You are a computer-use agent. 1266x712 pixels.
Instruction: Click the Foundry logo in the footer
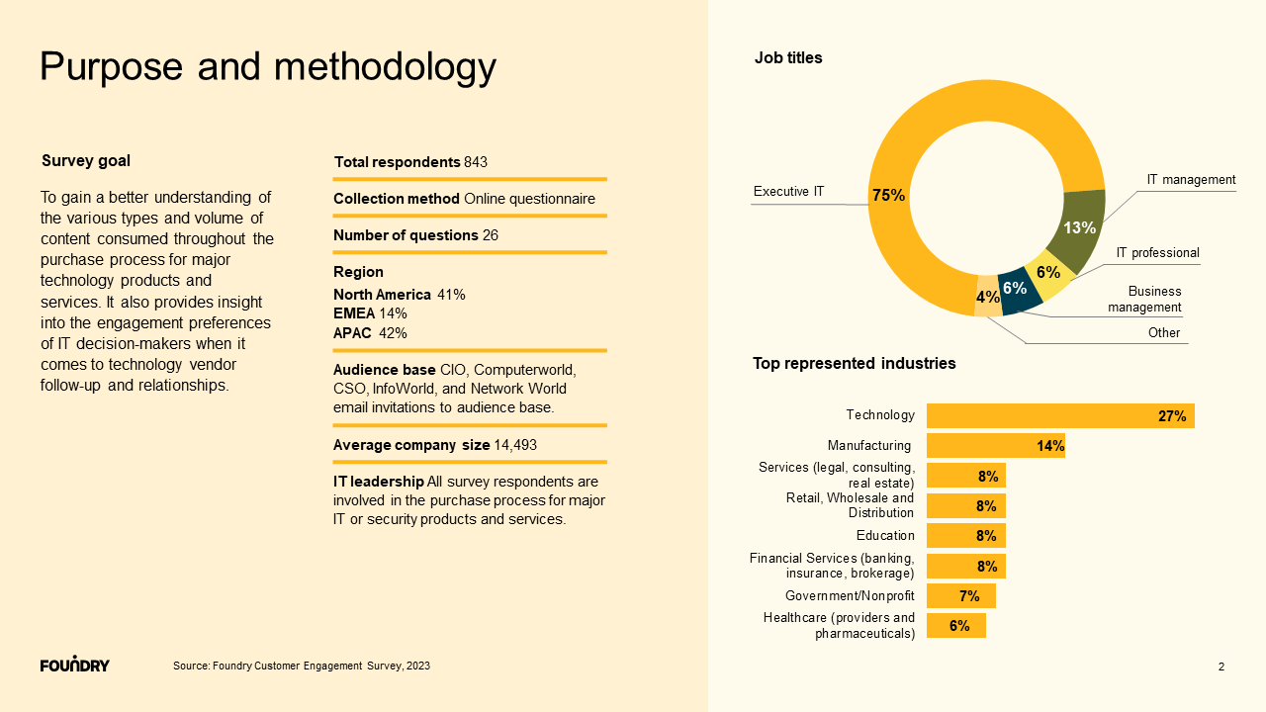75,665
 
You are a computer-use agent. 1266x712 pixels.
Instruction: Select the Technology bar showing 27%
1059,416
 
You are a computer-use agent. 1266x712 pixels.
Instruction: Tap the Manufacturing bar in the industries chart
995,446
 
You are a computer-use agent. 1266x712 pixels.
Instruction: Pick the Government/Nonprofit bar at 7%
960,596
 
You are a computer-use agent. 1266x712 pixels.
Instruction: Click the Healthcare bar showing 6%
955,626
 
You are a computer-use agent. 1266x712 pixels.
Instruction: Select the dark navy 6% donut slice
1019,290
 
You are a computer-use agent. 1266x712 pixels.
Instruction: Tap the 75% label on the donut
888,195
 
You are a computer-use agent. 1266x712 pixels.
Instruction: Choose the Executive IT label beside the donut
788,191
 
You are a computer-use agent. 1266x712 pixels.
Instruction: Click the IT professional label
1157,253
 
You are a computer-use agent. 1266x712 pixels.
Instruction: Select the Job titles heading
788,58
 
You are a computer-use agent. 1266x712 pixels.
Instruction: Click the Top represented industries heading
855,364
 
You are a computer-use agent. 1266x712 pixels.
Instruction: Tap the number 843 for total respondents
476,162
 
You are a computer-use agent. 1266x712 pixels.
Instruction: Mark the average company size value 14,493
515,445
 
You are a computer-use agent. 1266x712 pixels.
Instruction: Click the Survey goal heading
86,161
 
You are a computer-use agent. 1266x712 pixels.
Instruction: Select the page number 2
1221,667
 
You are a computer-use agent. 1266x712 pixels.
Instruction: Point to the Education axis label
885,536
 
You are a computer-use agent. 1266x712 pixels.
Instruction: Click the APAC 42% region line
370,333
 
